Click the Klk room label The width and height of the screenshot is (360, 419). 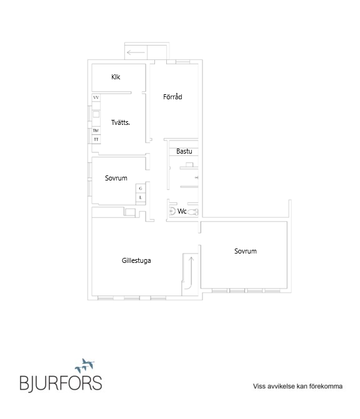pos(116,77)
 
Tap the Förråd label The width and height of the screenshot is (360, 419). pos(172,96)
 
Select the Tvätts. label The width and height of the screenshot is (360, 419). pos(121,122)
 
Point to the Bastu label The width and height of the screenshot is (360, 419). pos(184,151)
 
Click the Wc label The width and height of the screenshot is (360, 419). pos(182,211)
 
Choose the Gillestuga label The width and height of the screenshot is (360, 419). pos(136,260)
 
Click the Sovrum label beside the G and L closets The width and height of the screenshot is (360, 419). pos(116,178)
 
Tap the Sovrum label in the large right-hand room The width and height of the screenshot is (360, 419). pos(245,251)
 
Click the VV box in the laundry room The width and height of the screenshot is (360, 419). pos(96,97)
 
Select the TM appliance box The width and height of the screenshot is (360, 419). pos(96,131)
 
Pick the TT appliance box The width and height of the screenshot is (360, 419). pos(96,139)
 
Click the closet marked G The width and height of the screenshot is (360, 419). pos(141,189)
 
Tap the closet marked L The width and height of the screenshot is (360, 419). pos(141,198)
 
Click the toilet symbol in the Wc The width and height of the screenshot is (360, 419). pos(192,212)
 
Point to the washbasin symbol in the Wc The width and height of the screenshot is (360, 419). pos(172,211)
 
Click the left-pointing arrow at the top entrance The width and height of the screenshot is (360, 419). pos(136,52)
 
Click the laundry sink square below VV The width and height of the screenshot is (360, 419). pos(96,114)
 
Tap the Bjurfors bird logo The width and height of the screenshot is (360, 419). pos(85,365)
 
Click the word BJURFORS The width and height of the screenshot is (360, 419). pos(61,383)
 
